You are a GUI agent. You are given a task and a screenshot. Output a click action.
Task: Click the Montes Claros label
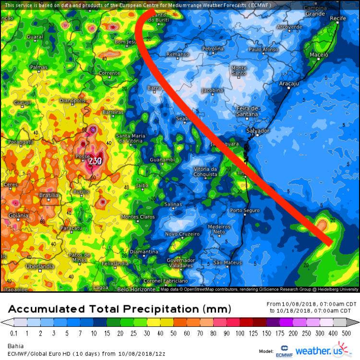[137, 217]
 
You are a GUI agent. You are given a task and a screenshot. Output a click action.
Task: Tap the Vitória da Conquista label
[205, 171]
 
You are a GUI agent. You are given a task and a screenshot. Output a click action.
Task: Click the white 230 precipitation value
[95, 161]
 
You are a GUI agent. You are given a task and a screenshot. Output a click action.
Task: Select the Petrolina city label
[213, 49]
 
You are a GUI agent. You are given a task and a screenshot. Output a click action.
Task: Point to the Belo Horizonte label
[137, 289]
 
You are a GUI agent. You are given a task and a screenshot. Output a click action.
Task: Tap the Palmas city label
[38, 67]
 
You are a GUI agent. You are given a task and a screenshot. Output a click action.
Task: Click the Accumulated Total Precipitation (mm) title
[120, 308]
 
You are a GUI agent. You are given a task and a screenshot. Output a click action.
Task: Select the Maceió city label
[319, 55]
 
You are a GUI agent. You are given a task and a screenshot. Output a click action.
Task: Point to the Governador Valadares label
[181, 263]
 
